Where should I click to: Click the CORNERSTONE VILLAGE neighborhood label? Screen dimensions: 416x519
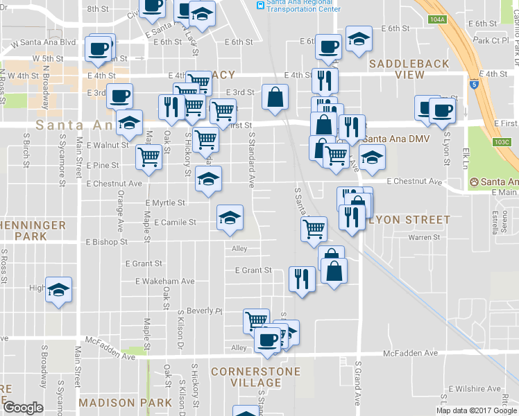pos(256,377)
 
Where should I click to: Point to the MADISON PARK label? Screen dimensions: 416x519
pos(125,402)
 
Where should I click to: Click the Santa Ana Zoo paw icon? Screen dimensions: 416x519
pos(475,182)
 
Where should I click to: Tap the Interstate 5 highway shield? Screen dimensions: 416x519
pos(474,85)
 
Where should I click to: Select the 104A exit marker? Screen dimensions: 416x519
pos(437,19)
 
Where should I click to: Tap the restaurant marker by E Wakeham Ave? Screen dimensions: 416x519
pos(302,278)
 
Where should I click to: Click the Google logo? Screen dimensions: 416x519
pos(23,408)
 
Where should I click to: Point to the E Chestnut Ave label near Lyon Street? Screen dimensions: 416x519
pos(414,182)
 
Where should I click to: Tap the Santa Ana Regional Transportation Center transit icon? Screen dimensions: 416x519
pos(260,5)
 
